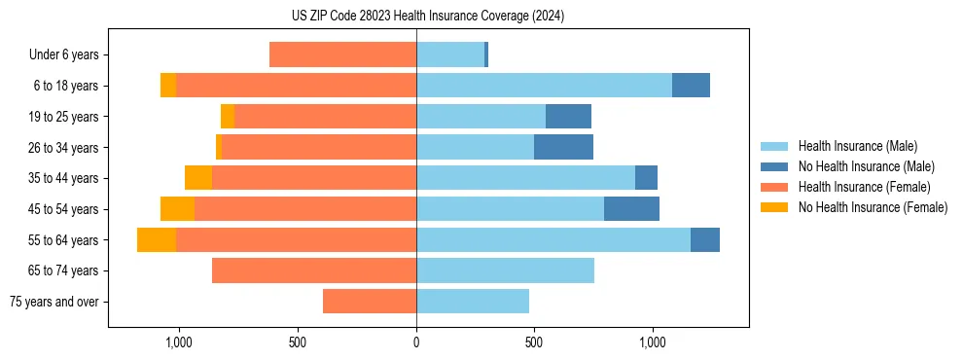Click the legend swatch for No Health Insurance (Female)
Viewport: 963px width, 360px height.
click(x=775, y=207)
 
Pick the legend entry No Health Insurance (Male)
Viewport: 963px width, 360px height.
click(x=866, y=166)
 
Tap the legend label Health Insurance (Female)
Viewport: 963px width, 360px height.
click(x=864, y=187)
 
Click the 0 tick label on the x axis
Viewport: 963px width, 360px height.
click(x=416, y=342)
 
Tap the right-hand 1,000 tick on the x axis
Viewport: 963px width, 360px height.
click(x=652, y=342)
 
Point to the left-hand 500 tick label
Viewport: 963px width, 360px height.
click(x=298, y=342)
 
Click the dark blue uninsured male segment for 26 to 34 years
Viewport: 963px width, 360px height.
click(x=563, y=147)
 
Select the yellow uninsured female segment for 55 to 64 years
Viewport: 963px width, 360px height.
click(x=157, y=239)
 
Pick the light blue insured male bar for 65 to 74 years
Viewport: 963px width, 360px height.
click(x=505, y=270)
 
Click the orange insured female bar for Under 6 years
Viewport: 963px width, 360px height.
click(x=342, y=55)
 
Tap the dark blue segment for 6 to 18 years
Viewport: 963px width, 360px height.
click(x=691, y=86)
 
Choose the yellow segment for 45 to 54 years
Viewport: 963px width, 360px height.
click(x=177, y=209)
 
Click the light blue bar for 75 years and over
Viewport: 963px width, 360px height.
click(x=473, y=302)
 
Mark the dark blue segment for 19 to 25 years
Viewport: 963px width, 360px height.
click(x=568, y=117)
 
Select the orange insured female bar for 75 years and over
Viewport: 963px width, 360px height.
click(x=370, y=302)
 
